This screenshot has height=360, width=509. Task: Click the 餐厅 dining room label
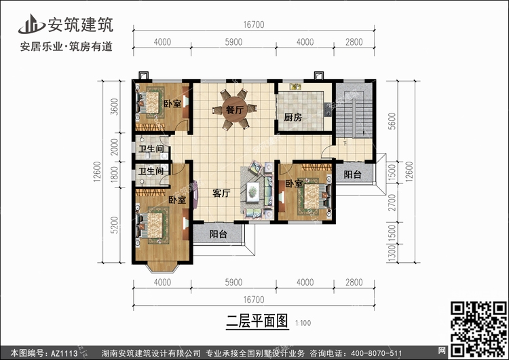coord(234,110)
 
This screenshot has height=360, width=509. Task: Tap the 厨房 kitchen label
coord(293,118)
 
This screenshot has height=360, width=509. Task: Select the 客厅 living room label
coord(221,194)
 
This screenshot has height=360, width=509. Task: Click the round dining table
coord(234,109)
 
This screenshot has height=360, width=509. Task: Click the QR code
coord(478,329)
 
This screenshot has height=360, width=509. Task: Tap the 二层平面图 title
coord(257,321)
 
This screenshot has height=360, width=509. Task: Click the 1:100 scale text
coord(303,323)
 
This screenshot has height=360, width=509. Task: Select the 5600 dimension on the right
coord(392,121)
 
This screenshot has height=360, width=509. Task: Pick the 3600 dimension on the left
coord(114,107)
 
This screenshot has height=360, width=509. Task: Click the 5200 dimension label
coord(114,225)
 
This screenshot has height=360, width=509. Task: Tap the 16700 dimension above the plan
coord(254,24)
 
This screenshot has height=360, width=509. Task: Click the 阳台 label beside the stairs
coord(352,175)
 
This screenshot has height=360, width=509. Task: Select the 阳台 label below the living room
coord(218,234)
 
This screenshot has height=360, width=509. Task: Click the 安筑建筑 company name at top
coord(81,24)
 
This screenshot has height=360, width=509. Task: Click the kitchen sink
coord(295,86)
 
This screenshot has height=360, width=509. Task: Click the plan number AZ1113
coord(64,353)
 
